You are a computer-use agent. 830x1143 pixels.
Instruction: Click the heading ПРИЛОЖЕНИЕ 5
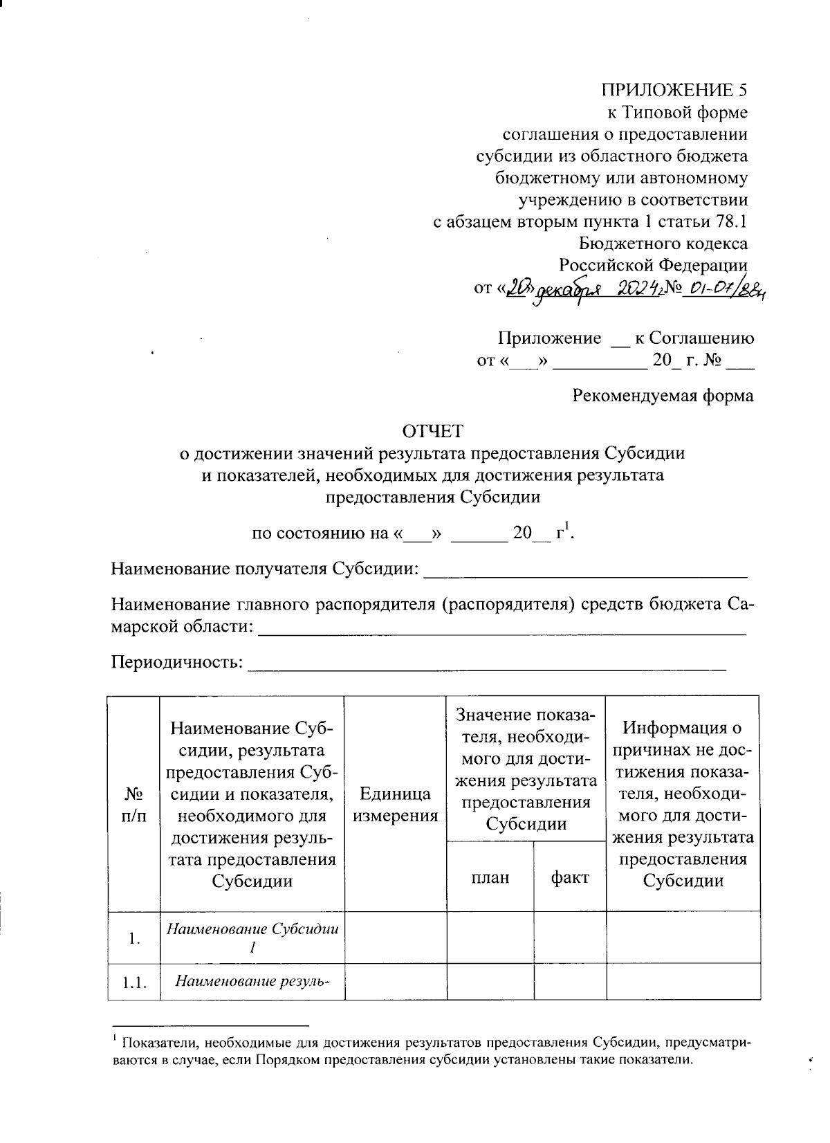(674, 90)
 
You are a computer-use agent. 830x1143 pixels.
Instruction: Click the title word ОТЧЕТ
(433, 431)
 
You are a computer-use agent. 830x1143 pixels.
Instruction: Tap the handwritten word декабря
(566, 290)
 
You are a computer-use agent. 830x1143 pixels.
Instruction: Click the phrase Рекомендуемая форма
(663, 396)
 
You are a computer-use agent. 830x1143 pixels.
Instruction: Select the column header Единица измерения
(396, 805)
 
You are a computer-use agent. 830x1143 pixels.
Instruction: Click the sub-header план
(490, 877)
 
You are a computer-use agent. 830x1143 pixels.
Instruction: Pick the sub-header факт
(569, 877)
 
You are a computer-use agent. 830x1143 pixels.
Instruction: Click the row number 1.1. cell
(133, 982)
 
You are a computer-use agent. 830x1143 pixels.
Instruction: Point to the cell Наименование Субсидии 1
(252, 938)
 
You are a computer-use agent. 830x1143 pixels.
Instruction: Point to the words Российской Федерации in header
(653, 265)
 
